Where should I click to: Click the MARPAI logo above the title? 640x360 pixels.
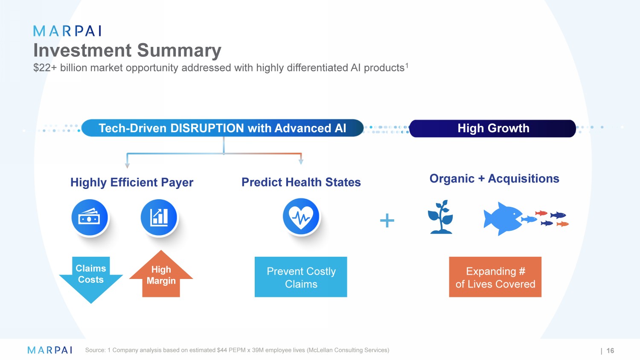pyautogui.click(x=67, y=31)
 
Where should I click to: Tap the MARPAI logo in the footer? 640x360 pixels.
pyautogui.click(x=50, y=350)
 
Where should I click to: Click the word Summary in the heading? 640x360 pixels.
pyautogui.click(x=179, y=51)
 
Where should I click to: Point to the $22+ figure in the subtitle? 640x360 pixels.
pyautogui.click(x=45, y=68)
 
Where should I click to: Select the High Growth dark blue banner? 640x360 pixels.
pyautogui.click(x=492, y=128)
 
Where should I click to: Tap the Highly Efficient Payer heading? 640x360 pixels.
pyautogui.click(x=132, y=182)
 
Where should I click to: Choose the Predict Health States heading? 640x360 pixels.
pyautogui.click(x=301, y=182)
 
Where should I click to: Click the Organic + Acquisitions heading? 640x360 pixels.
pyautogui.click(x=494, y=179)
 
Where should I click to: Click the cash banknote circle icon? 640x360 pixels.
pyautogui.click(x=90, y=218)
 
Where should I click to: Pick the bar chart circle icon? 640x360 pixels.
pyautogui.click(x=159, y=218)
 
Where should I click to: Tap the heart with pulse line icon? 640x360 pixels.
pyautogui.click(x=301, y=217)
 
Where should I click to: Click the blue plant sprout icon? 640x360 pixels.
pyautogui.click(x=441, y=217)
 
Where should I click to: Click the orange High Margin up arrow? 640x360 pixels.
pyautogui.click(x=161, y=274)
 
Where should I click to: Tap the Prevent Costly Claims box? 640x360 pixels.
pyautogui.click(x=301, y=277)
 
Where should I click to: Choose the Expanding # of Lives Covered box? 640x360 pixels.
pyautogui.click(x=495, y=277)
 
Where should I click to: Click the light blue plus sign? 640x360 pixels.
pyautogui.click(x=387, y=221)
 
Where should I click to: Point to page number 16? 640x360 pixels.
pyautogui.click(x=610, y=351)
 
